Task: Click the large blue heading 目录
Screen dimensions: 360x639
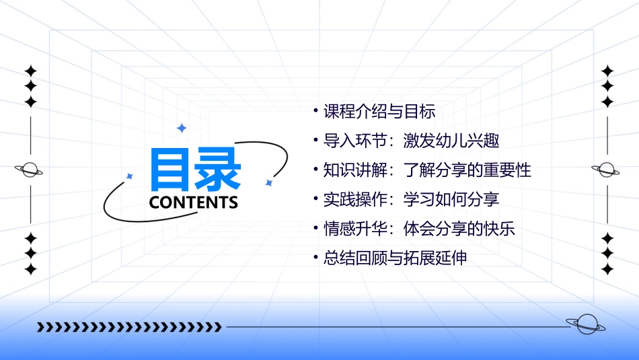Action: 196,170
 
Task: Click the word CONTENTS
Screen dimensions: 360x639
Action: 194,203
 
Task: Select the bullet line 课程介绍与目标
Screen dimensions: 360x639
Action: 379,111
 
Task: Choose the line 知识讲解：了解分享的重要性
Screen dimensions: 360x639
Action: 427,170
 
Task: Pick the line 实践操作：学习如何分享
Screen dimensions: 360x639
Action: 411,199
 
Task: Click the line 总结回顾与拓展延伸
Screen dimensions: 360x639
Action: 395,258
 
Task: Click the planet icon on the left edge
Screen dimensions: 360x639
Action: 30,170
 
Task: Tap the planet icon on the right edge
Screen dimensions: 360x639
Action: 606,170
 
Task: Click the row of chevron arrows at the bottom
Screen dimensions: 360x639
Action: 129,327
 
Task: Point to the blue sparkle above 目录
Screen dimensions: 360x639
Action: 181,128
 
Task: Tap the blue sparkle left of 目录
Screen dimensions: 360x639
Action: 130,176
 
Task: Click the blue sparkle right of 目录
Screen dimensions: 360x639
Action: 268,182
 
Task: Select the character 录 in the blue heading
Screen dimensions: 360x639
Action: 219,170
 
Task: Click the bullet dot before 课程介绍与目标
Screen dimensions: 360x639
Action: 316,110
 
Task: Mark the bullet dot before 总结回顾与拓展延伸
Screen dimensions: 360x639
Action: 316,257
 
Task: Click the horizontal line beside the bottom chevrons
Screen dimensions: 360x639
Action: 397,327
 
